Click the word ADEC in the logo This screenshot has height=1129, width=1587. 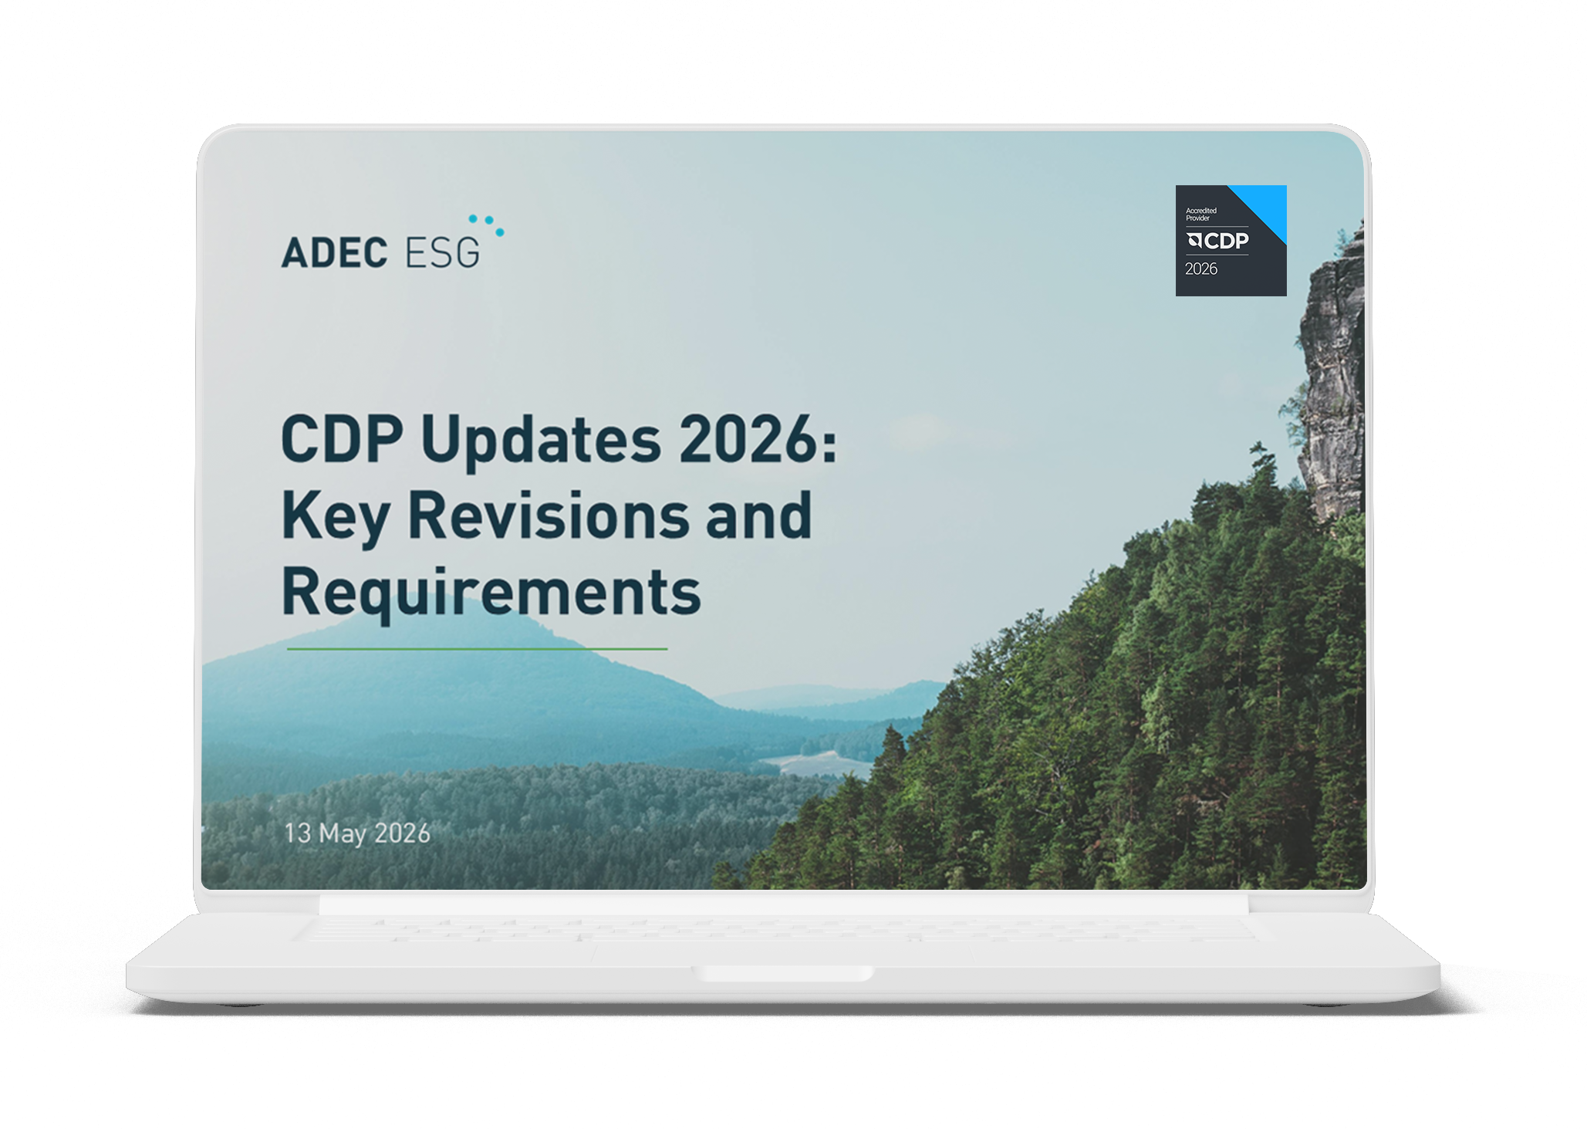[334, 252]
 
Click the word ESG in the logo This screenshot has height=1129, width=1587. [442, 252]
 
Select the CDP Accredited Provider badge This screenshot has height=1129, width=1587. [1231, 240]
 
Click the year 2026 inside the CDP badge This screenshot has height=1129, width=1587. [1201, 269]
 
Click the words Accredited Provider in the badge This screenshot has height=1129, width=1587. [1201, 214]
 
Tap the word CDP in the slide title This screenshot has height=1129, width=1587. [343, 438]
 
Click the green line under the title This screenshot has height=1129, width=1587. [477, 649]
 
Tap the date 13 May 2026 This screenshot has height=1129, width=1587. [357, 833]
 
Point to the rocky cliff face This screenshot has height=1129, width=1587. [1332, 370]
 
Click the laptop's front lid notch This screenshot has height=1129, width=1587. [786, 974]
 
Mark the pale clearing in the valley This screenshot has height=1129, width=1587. [818, 762]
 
